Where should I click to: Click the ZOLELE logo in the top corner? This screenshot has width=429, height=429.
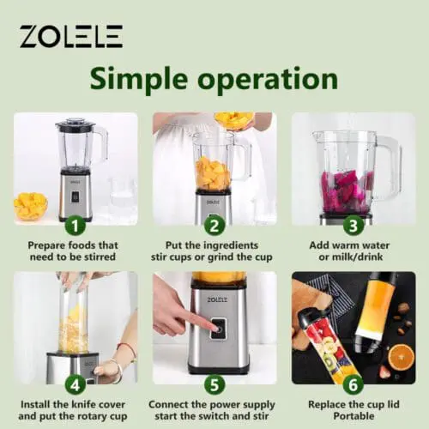click(x=71, y=36)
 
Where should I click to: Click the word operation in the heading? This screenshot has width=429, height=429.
click(x=268, y=80)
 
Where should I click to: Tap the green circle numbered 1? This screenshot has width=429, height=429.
click(x=76, y=226)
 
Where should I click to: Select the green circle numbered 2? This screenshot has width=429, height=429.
click(x=214, y=226)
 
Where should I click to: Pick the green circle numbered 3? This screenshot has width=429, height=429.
click(x=353, y=226)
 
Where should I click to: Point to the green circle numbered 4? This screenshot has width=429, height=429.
click(x=76, y=385)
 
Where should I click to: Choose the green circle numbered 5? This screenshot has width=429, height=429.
click(x=214, y=385)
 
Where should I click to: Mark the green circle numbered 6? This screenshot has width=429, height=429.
click(x=353, y=385)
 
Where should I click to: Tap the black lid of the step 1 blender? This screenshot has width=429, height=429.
click(x=75, y=124)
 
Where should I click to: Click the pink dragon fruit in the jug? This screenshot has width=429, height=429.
click(x=347, y=191)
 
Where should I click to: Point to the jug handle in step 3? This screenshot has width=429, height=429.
click(x=390, y=168)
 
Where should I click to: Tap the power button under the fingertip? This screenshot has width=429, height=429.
click(x=220, y=329)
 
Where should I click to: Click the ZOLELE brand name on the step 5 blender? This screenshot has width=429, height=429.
click(x=217, y=299)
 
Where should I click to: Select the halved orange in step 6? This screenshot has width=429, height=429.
click(x=402, y=358)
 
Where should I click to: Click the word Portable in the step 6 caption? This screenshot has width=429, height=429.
click(x=353, y=416)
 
